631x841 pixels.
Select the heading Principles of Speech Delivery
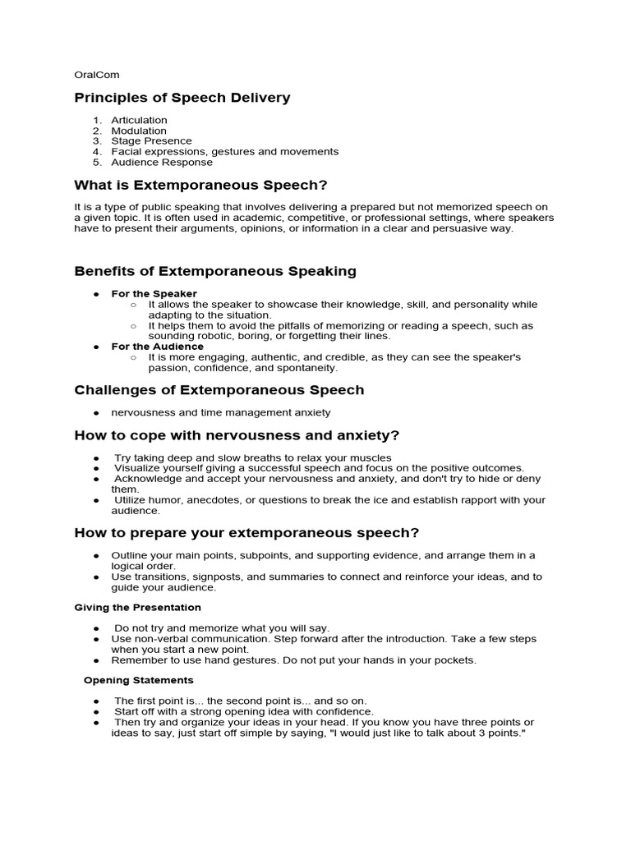[182, 98]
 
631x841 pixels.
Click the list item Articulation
[139, 120]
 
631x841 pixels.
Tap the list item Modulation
[138, 131]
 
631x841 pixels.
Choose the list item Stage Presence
[151, 141]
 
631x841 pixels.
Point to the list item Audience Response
[162, 163]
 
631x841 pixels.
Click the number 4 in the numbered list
[96, 152]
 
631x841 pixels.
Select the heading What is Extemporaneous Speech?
[195, 185]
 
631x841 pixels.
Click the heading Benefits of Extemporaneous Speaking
[215, 271]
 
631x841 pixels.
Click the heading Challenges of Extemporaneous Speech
[219, 389]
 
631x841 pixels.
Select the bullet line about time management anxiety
[220, 412]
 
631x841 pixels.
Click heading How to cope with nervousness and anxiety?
[237, 434]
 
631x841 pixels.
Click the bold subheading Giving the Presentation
[137, 608]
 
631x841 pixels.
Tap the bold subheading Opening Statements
[138, 680]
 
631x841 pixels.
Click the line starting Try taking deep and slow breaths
[252, 457]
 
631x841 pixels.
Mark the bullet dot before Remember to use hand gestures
[96, 660]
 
